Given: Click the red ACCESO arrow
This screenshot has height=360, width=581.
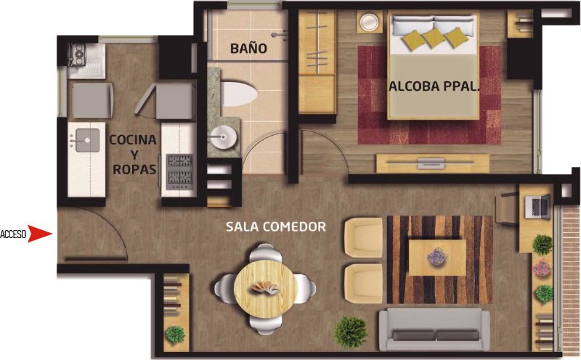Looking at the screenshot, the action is [39, 234].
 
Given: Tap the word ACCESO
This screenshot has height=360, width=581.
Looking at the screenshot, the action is [13, 234].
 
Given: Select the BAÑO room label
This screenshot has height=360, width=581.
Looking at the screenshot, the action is [248, 48].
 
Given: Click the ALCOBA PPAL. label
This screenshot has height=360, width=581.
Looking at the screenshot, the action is [434, 86].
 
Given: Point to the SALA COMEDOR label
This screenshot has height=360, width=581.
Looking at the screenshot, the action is [276, 226].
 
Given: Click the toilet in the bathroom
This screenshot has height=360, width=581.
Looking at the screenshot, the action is [238, 92].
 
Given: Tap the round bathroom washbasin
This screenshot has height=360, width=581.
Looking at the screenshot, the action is [223, 137].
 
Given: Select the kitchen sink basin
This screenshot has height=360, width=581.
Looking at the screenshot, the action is [87, 140].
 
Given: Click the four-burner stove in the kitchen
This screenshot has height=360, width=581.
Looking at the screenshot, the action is [180, 172].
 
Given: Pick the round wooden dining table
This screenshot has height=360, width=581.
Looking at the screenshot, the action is [265, 289].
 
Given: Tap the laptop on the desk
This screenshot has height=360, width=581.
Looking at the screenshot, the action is [538, 205].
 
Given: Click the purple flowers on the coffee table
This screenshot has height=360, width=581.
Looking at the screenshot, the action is [437, 257].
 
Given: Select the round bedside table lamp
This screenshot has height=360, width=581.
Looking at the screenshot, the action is [370, 22].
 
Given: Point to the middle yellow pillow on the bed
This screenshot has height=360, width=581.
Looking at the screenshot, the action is [434, 38].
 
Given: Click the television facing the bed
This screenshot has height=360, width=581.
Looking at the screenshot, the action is [432, 163].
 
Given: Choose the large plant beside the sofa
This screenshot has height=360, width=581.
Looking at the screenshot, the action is [351, 332].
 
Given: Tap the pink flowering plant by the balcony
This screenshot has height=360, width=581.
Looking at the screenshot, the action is [543, 268].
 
